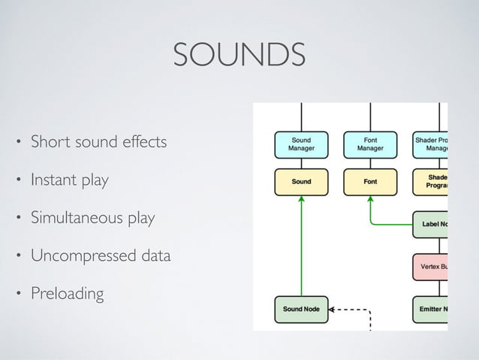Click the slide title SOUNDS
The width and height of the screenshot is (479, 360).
pos(239,55)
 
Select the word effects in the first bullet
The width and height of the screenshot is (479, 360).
pos(142,141)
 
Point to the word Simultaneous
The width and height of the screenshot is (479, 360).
pos(72,219)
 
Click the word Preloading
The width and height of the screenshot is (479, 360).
pos(67,293)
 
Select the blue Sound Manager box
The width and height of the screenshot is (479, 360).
pos(301,144)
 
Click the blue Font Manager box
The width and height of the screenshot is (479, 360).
pos(370,144)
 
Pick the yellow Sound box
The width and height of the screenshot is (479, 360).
pos(301,181)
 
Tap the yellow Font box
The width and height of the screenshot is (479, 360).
pos(370,181)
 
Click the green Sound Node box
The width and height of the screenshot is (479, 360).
pos(301,309)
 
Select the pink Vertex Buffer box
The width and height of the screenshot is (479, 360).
pos(431,266)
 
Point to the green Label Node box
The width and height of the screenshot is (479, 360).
pos(431,223)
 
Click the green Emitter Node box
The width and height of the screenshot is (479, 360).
pos(431,309)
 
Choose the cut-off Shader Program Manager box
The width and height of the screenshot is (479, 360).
pos(431,144)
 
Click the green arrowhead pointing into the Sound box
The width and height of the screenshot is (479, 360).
pos(301,198)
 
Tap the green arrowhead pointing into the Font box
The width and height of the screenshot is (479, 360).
pos(370,198)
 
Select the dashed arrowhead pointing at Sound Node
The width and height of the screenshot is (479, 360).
pos(333,309)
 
